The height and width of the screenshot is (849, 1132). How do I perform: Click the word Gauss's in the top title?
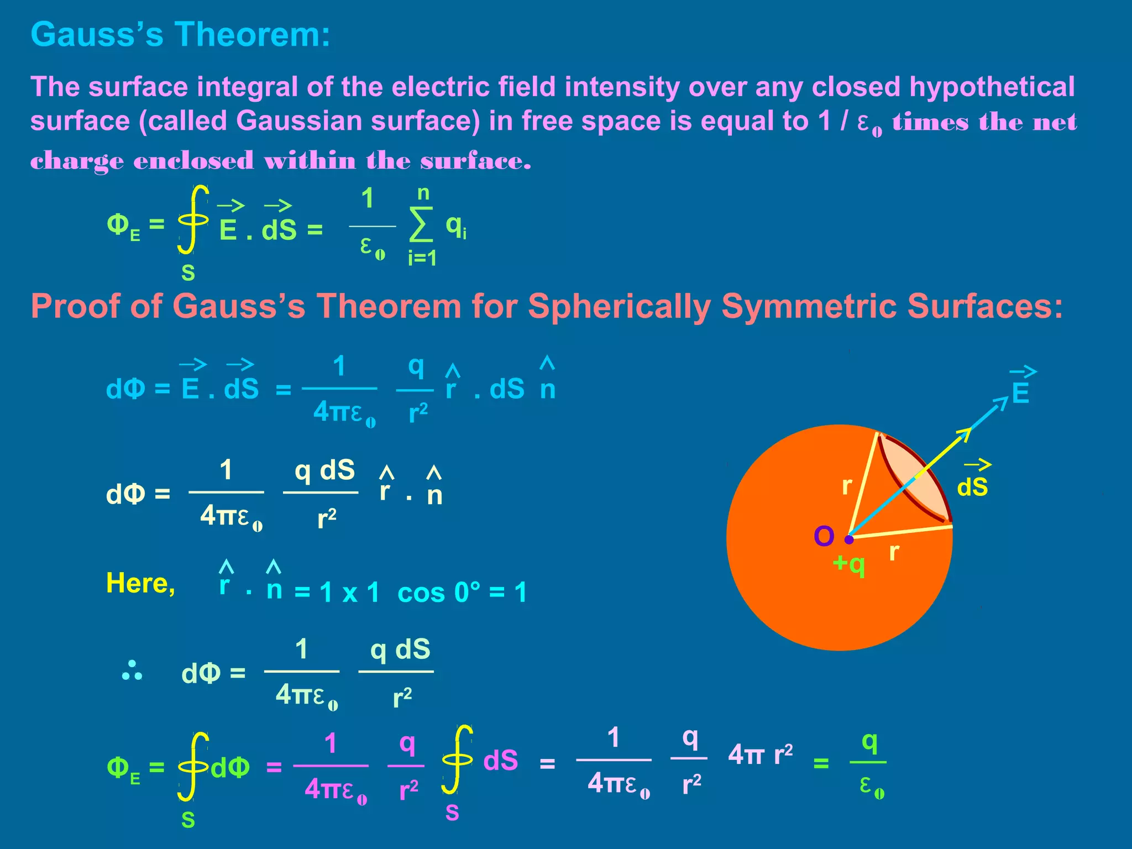coord(97,34)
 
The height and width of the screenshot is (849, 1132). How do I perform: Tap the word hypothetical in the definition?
coord(992,87)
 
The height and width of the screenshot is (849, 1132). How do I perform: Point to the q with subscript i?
coord(456,226)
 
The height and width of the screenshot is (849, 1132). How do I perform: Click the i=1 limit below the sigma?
coord(422,258)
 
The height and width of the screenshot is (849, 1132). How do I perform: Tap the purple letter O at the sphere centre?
coord(824,536)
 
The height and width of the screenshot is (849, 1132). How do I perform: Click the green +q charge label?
coord(849,564)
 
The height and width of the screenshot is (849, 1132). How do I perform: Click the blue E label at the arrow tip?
coord(1020,394)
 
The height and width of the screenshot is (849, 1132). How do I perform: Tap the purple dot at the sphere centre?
coord(850,539)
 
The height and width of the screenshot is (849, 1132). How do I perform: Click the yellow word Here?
coord(140,583)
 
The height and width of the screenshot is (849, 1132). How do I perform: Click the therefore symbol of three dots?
coord(132,670)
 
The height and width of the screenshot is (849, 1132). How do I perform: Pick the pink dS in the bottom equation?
coord(501,761)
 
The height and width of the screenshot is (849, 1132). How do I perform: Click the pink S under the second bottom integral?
coord(452,813)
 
